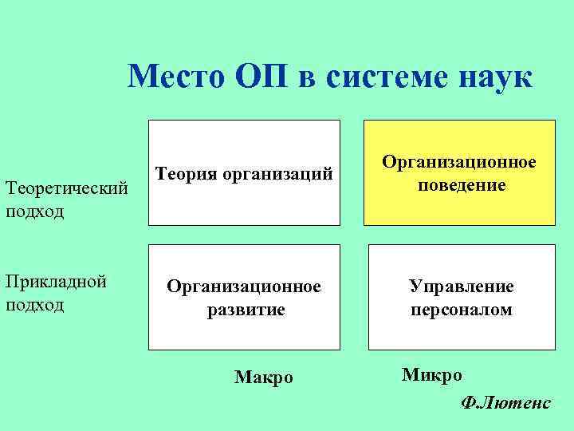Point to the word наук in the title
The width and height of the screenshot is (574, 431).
click(493, 78)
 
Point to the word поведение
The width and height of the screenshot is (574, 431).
click(461, 185)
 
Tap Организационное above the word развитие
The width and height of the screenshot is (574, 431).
click(243, 286)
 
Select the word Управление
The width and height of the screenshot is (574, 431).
click(461, 286)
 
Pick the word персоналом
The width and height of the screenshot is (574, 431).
click(461, 309)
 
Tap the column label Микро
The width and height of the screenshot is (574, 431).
click(431, 374)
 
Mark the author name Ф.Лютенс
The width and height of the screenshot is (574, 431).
click(505, 403)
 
